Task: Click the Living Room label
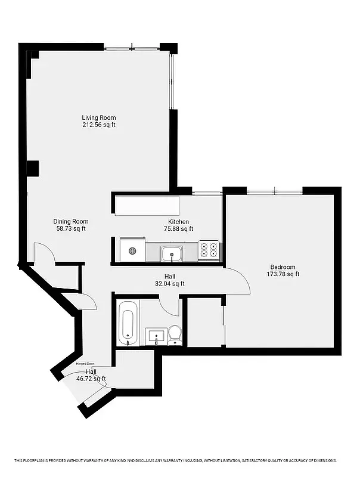99,117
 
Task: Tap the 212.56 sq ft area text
99,125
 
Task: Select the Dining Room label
71,221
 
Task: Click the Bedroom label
283,267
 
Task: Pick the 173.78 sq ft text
283,274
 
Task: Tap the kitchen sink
172,253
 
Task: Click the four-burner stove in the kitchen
209,250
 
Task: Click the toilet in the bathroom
175,334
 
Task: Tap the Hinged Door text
85,363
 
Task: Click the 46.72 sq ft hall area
91,379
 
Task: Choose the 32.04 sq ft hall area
170,284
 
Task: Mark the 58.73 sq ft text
71,228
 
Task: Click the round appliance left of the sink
132,250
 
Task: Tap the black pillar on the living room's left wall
32,169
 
